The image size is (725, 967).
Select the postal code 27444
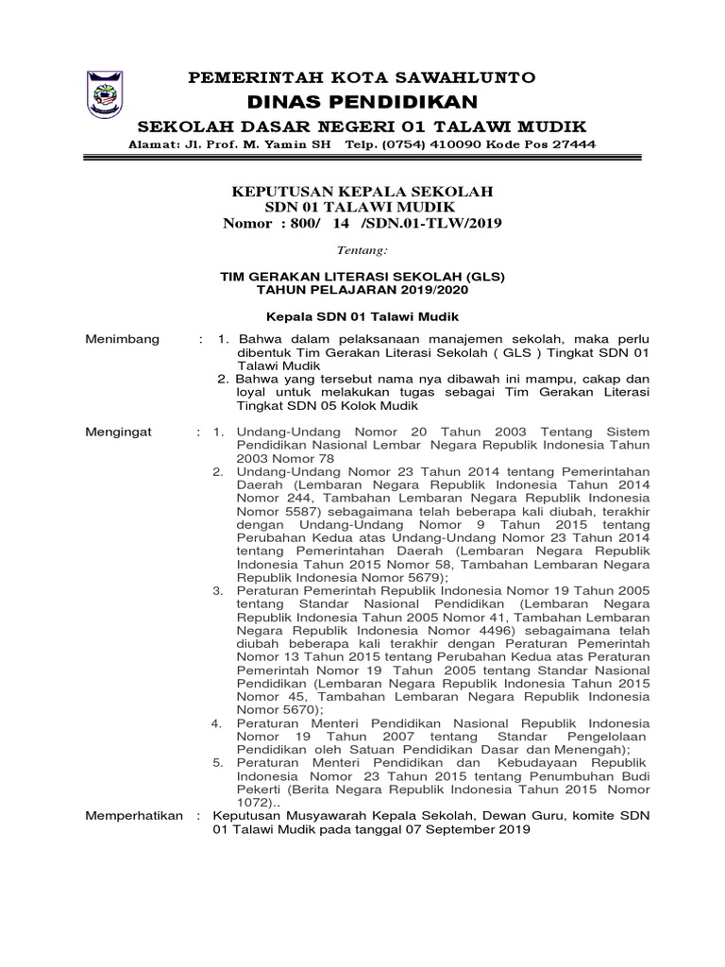click(x=573, y=144)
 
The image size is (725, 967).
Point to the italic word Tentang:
click(x=362, y=251)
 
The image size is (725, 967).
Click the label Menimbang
click(x=123, y=339)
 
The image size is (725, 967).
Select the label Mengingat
click(x=121, y=432)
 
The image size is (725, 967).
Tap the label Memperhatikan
click(x=134, y=815)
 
